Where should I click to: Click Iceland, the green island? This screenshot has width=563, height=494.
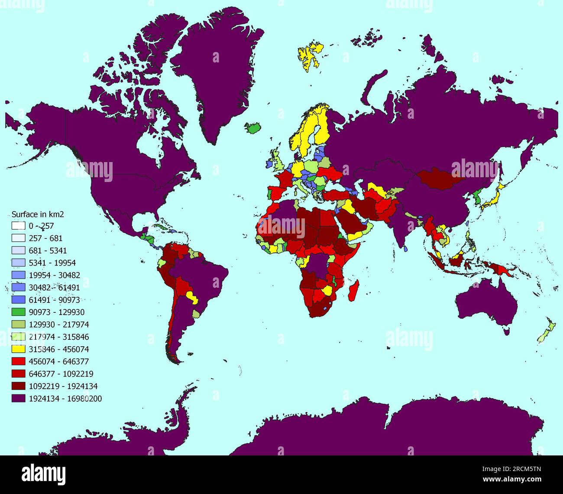(254, 128)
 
